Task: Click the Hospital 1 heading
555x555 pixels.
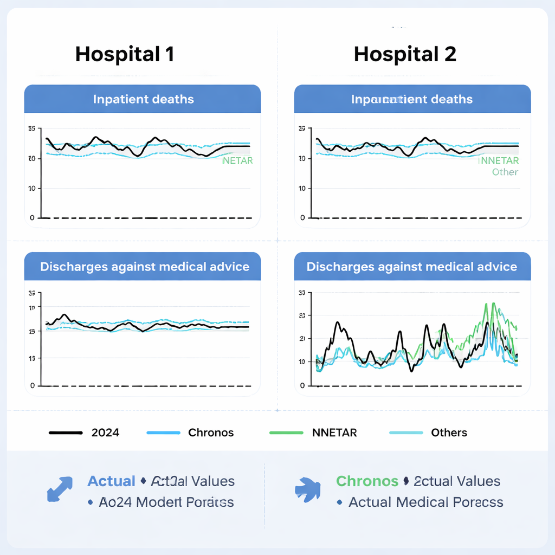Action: (x=125, y=54)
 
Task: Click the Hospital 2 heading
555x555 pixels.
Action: (x=405, y=54)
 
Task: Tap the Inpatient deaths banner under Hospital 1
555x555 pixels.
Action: (x=143, y=99)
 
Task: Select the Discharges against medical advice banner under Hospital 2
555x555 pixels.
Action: (x=412, y=267)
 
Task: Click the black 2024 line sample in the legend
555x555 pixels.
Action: (x=65, y=433)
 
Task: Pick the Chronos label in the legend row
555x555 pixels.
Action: (x=211, y=433)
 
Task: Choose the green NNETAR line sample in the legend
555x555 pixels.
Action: (x=286, y=433)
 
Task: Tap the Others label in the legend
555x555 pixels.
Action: (x=449, y=433)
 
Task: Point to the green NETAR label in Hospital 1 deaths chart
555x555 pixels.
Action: (x=237, y=160)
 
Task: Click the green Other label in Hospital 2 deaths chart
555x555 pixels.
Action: (x=505, y=172)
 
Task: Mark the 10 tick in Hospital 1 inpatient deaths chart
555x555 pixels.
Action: (x=31, y=189)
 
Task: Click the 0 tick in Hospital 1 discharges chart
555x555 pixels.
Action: (x=33, y=386)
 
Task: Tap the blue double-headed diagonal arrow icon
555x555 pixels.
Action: (x=60, y=489)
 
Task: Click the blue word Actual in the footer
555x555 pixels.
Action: (x=111, y=481)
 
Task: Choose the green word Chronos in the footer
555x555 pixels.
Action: (x=367, y=481)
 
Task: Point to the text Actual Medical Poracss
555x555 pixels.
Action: (x=425, y=502)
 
